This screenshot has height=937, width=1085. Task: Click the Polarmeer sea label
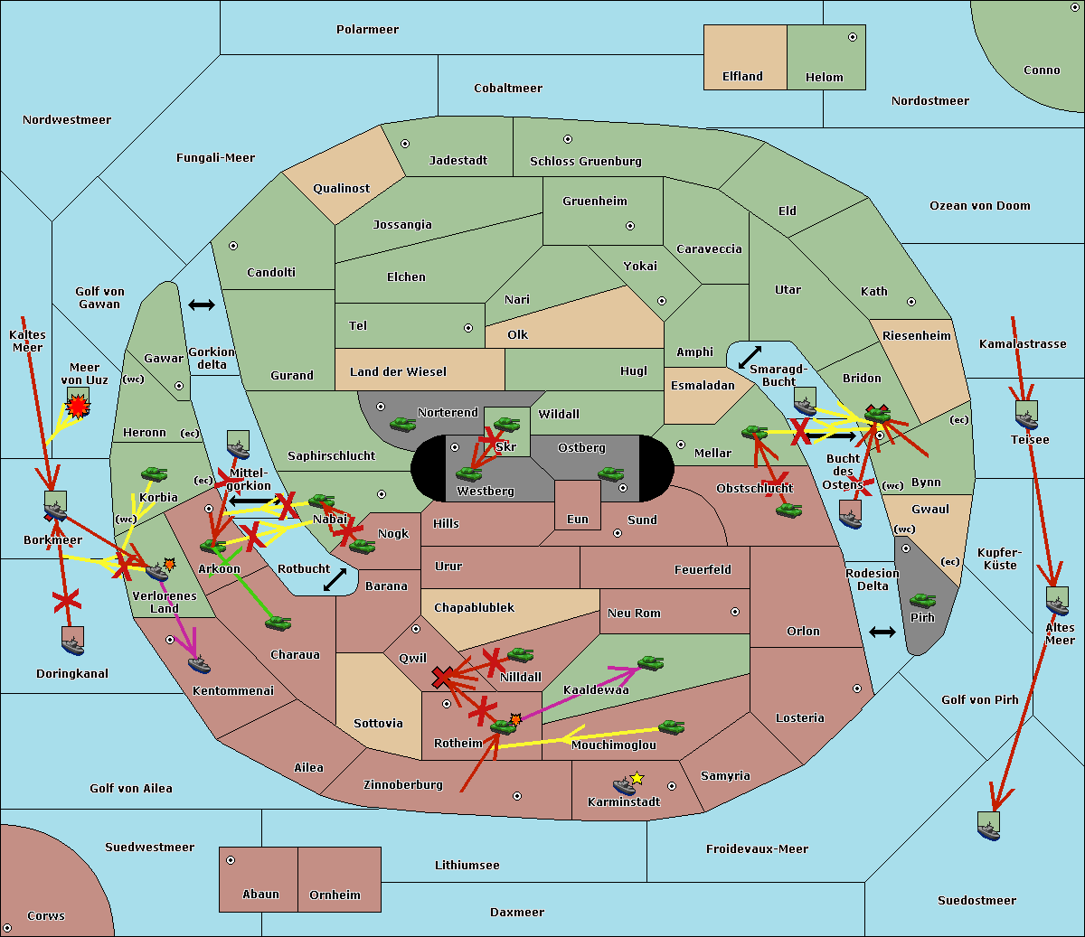click(x=367, y=30)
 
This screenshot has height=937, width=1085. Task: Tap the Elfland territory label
click(x=742, y=77)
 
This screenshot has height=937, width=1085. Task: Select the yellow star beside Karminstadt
click(x=637, y=778)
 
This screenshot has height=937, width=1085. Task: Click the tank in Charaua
click(x=278, y=623)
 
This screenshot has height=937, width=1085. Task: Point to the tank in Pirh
click(x=922, y=600)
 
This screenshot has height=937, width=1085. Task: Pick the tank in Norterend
click(x=402, y=424)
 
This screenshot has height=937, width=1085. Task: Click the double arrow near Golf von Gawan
click(x=202, y=305)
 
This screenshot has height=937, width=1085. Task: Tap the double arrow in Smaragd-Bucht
click(x=750, y=357)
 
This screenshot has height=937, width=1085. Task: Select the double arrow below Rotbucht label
click(x=335, y=580)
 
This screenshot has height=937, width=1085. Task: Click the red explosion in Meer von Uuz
click(x=79, y=408)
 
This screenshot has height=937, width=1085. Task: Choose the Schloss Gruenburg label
click(x=585, y=162)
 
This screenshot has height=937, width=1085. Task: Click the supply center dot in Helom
click(x=852, y=37)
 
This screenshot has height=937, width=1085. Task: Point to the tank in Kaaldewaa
click(x=650, y=663)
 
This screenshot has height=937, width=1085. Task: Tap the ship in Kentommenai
click(x=200, y=666)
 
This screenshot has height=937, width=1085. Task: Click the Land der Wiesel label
click(x=398, y=371)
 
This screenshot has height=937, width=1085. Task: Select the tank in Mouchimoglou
click(x=671, y=726)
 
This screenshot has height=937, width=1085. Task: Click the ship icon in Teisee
click(x=1026, y=416)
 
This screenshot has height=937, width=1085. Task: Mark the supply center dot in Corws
click(x=7, y=928)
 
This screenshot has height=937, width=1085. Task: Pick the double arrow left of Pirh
click(x=882, y=632)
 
